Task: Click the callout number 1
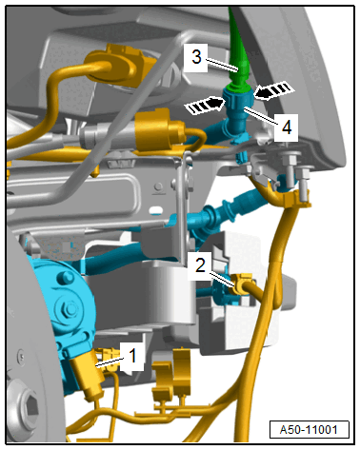[133, 355]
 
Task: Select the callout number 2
[200, 264]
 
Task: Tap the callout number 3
[196, 57]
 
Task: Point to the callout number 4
[287, 127]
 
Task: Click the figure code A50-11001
[309, 429]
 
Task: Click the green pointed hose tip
[238, 47]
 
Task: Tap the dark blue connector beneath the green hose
[238, 109]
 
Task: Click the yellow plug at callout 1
[89, 373]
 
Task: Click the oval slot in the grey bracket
[157, 209]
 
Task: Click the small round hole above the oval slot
[159, 186]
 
